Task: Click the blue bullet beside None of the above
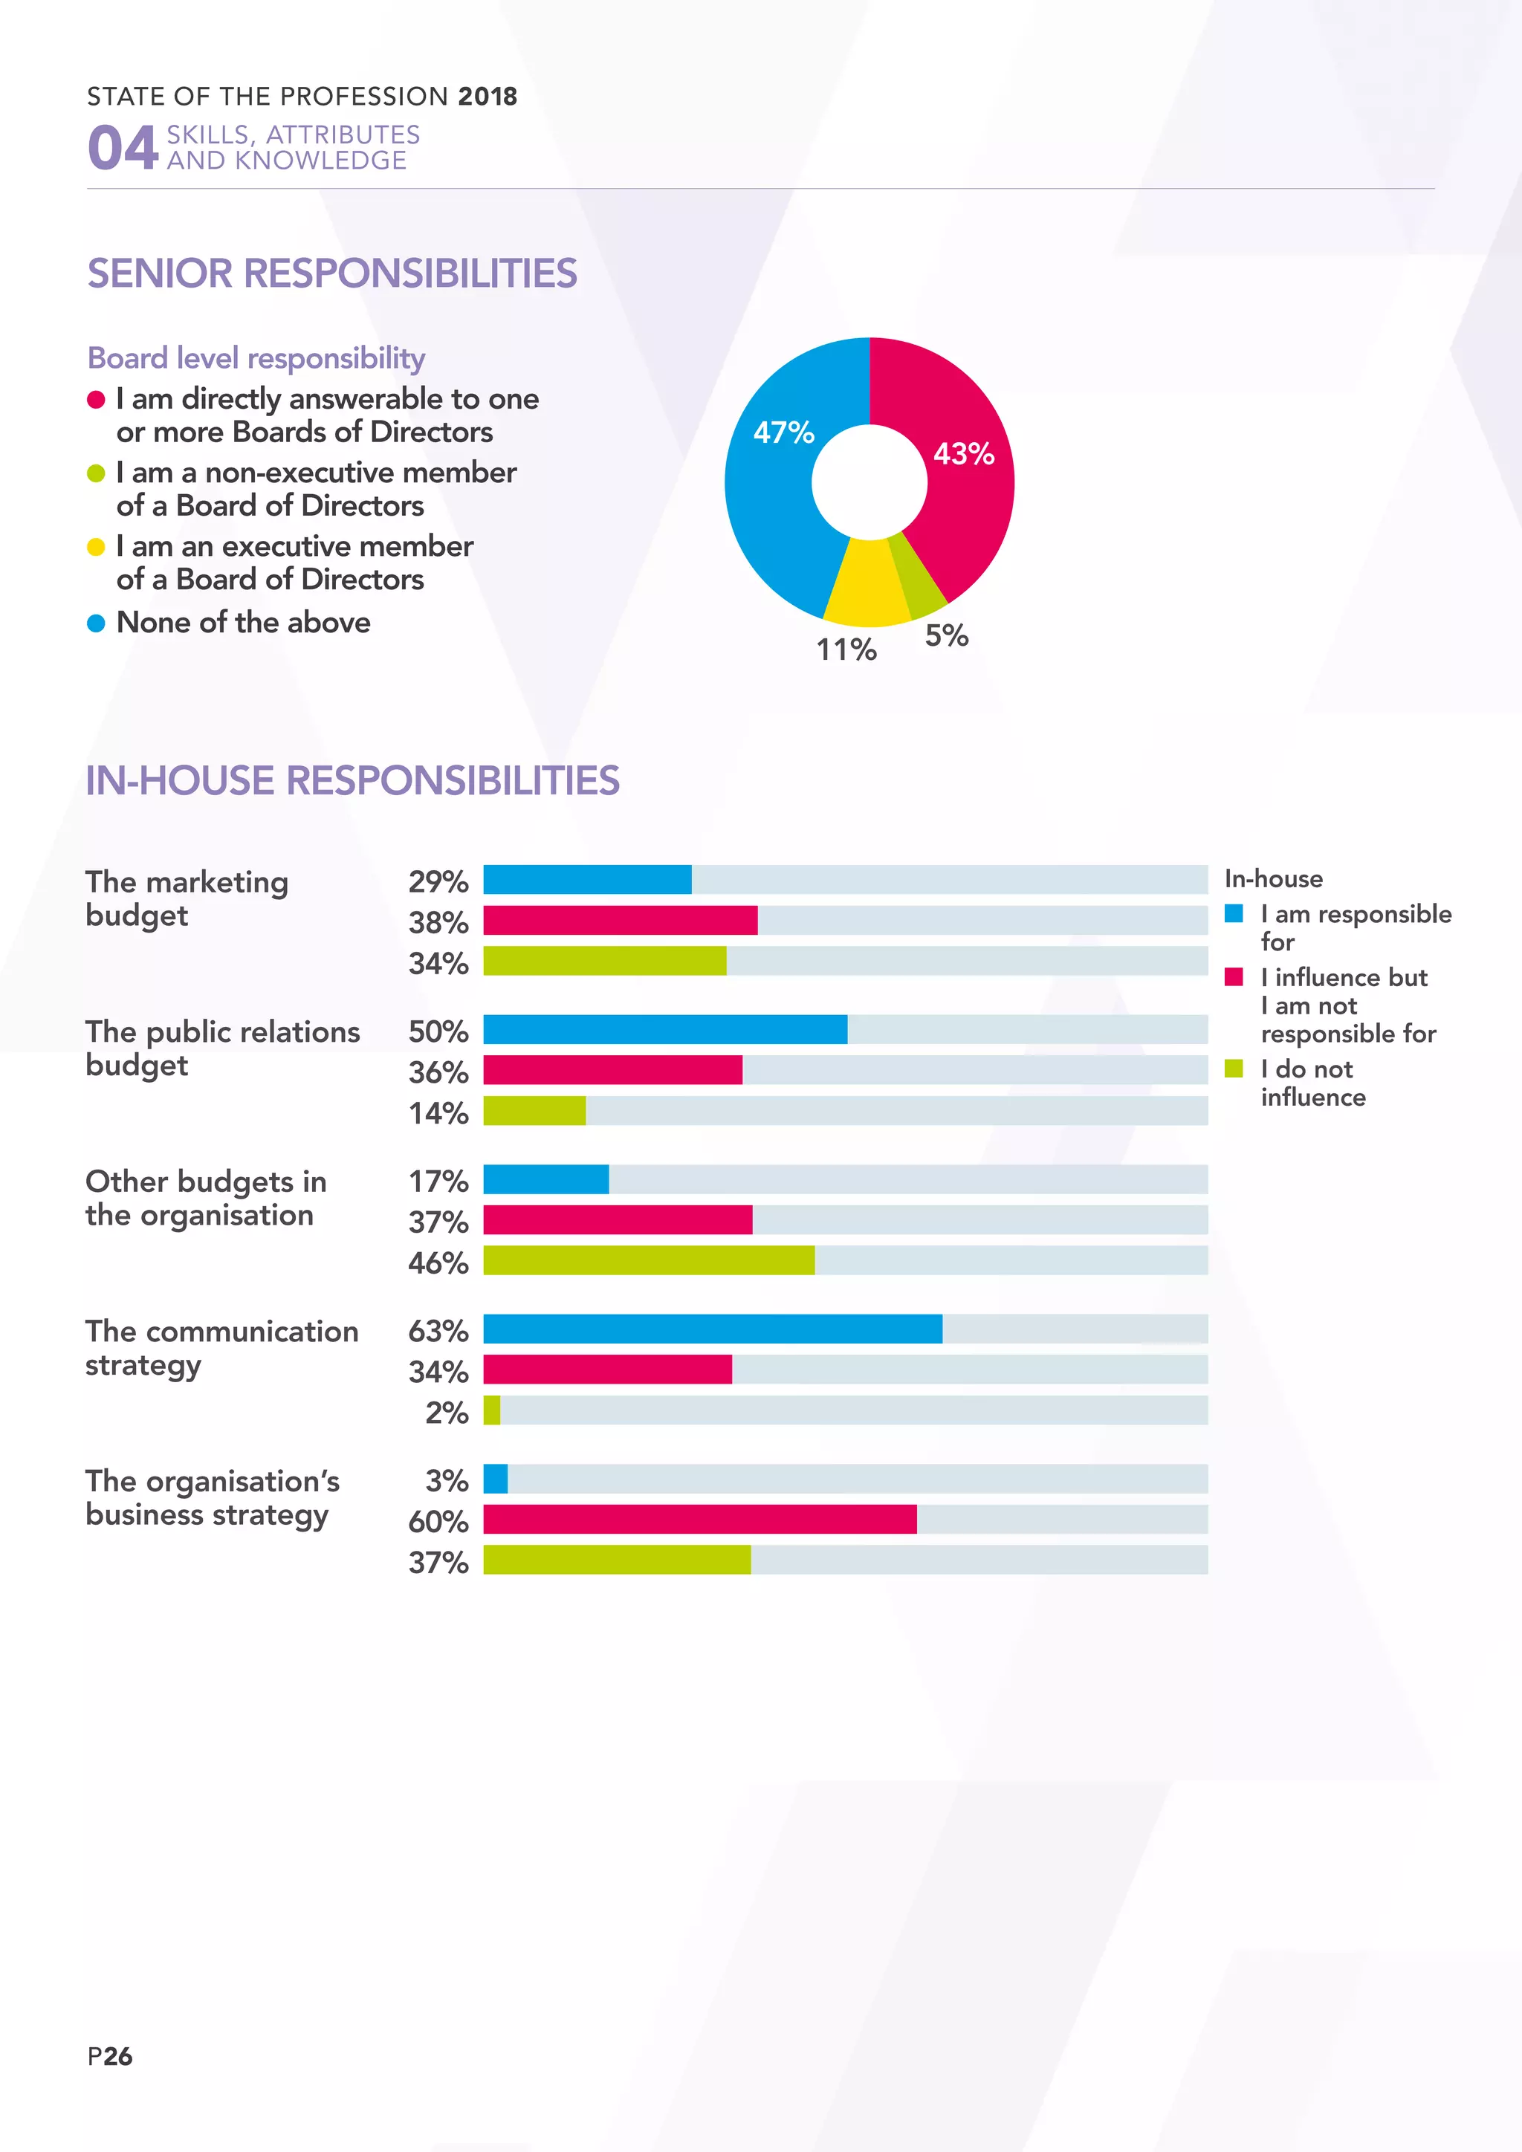tap(96, 623)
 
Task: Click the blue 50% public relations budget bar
tap(665, 1029)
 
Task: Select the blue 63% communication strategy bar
tap(712, 1329)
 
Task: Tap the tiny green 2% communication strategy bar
tap(492, 1410)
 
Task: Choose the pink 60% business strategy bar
tap(700, 1520)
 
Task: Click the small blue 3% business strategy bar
tap(496, 1479)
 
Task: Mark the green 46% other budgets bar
tap(649, 1260)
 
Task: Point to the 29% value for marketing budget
tap(438, 881)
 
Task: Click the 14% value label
tap(438, 1112)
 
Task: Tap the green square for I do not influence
tap(1234, 1069)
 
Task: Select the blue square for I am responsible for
tap(1234, 913)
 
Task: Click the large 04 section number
tap(123, 148)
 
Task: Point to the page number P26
tap(110, 2056)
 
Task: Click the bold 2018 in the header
tap(488, 97)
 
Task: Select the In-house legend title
tap(1274, 878)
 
